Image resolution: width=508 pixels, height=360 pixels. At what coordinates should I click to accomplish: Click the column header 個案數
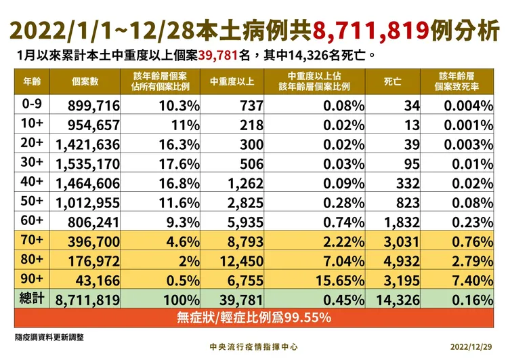pos(85,82)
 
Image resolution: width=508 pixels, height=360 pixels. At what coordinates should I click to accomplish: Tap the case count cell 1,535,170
pos(88,163)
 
